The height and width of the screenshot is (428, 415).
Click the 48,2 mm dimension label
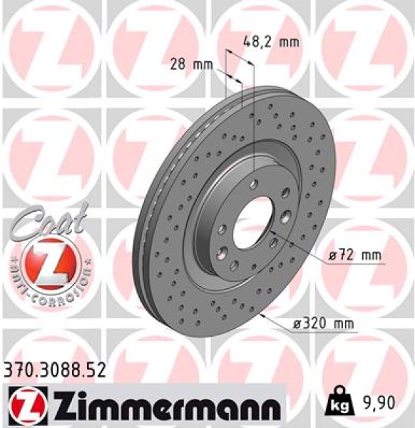coord(272,42)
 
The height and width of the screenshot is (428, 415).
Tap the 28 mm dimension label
coord(192,64)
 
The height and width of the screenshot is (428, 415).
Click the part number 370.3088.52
coord(54,370)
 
